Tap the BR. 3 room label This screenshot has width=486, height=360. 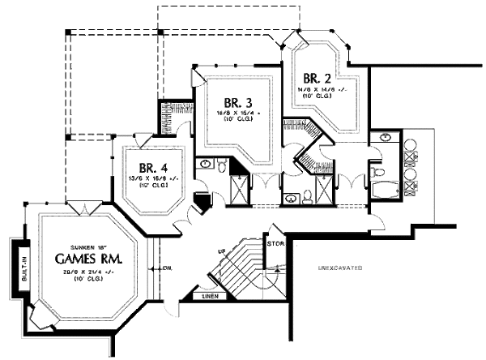click(x=240, y=103)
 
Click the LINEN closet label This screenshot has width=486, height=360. click(x=210, y=297)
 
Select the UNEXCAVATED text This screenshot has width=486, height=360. click(x=339, y=268)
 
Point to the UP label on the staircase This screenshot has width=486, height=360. click(x=221, y=253)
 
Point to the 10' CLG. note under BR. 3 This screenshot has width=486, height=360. click(x=239, y=119)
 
